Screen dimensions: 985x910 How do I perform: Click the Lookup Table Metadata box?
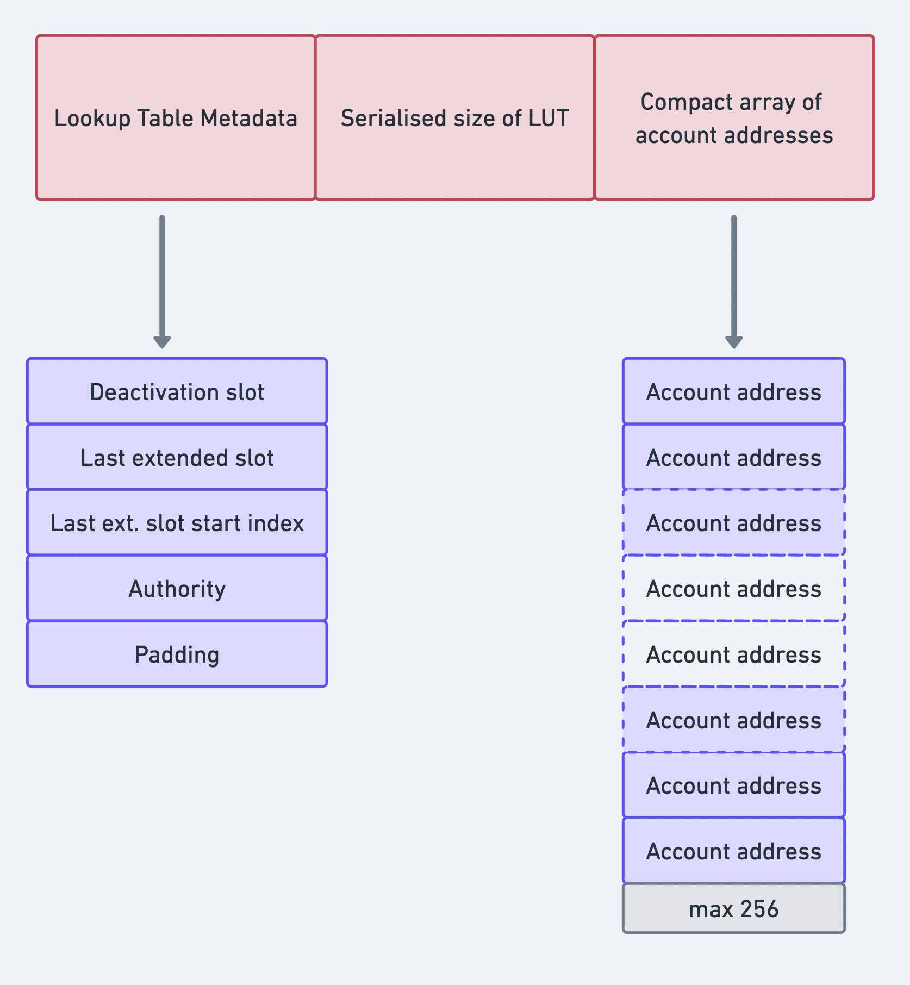tap(176, 118)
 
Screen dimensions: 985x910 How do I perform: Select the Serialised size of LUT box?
tap(454, 118)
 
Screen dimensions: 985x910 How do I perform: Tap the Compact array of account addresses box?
tap(734, 118)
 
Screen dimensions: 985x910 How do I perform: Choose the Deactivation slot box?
tap(177, 391)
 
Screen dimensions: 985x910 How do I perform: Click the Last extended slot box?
tap(177, 457)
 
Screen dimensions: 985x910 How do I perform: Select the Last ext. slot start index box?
tap(177, 522)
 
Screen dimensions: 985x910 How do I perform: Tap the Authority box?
tap(177, 588)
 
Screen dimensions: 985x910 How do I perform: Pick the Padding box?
tap(177, 654)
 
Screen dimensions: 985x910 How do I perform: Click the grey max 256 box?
tap(734, 909)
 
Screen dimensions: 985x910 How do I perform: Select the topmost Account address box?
tap(734, 391)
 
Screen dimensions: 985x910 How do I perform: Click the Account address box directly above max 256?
tap(734, 851)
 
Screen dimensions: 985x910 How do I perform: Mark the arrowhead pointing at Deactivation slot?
tap(162, 342)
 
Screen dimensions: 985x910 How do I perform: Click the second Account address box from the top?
tap(734, 457)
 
